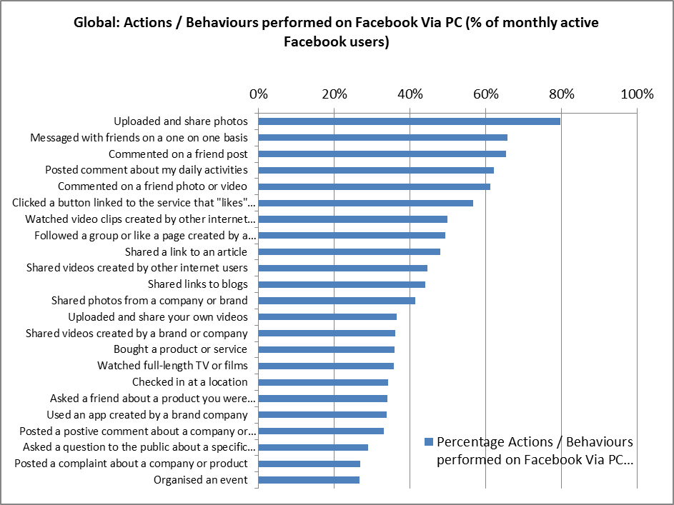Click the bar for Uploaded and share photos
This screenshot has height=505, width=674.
(409, 121)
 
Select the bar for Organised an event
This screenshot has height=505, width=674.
(309, 480)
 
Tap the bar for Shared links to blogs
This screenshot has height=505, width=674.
(342, 284)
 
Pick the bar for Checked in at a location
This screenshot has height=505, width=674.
(323, 382)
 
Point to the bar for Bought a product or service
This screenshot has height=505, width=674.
(326, 349)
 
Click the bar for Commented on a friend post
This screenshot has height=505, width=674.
(382, 154)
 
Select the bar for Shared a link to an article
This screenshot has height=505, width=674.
(349, 251)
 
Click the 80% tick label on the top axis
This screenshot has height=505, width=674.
(561, 94)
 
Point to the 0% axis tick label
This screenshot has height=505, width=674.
(258, 94)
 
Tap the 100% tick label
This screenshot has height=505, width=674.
(637, 94)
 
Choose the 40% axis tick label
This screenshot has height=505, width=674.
(410, 94)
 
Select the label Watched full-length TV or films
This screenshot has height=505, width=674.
(172, 366)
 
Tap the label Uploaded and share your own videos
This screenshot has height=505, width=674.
(158, 316)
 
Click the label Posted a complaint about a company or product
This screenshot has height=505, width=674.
(132, 464)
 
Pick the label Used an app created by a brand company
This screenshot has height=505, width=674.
(147, 414)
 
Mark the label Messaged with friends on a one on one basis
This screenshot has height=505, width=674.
(139, 137)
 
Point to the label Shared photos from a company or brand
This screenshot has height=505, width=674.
(149, 300)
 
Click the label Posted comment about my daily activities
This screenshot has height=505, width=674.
(147, 170)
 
